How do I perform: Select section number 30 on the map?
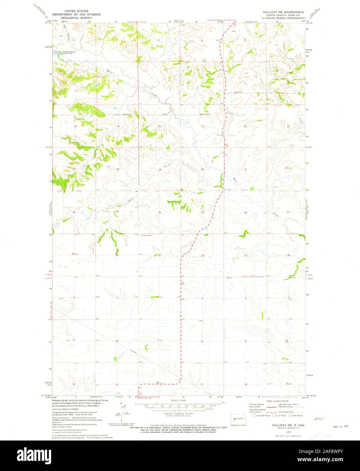159,212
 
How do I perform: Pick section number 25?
117,212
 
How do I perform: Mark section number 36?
117,255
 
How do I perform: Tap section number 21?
246,169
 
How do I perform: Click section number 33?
246,255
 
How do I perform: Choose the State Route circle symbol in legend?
290,415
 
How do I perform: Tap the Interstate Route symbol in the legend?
253,415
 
